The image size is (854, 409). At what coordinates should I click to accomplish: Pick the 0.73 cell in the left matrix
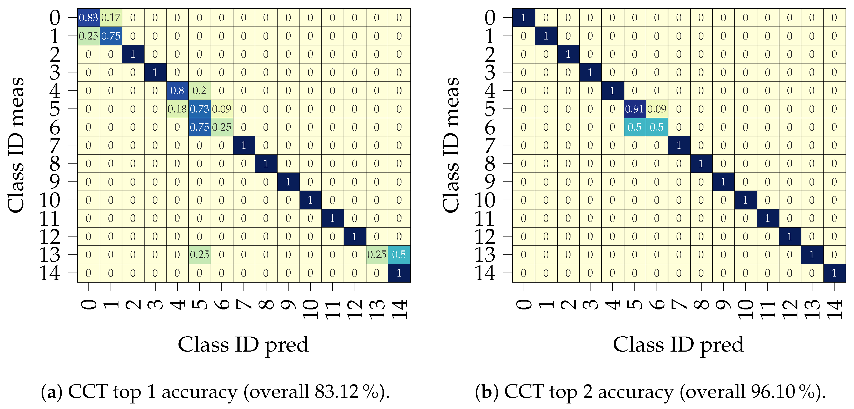(199, 109)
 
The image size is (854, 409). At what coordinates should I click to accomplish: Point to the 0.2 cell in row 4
(199, 91)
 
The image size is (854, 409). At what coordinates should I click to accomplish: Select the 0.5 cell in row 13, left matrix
(399, 255)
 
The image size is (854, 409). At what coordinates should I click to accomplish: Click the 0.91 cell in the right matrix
(634, 109)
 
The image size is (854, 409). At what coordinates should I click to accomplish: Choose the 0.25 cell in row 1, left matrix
(88, 36)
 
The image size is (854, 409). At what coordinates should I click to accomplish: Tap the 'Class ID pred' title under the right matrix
(678, 345)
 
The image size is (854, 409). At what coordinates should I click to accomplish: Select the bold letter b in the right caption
(486, 392)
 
